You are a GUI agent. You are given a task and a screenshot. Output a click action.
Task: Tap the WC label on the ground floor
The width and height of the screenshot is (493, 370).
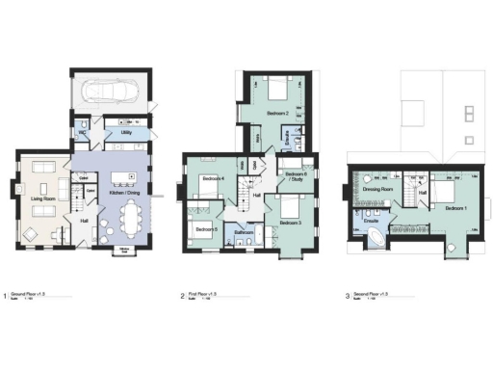pos(81,133)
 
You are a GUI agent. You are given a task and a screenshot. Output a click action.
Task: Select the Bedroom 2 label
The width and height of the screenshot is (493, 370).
pos(277,114)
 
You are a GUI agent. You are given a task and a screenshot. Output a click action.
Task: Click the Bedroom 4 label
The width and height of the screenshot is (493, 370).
pos(213,180)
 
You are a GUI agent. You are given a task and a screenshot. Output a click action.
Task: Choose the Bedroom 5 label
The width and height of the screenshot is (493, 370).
pos(203,228)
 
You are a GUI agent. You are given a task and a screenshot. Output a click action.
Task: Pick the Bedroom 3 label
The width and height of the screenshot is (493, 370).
pos(291,223)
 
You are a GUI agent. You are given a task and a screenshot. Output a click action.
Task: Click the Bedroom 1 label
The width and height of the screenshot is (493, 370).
pos(455,207)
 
